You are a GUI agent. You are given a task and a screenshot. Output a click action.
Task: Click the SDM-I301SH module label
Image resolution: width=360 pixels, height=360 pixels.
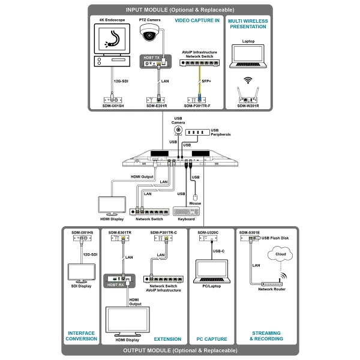click(x=112, y=106)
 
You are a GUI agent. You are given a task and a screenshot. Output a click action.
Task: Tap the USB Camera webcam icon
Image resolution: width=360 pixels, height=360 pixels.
click(x=178, y=130)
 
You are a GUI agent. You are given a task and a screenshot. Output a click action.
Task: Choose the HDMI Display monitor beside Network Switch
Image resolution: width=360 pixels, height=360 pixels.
click(x=112, y=205)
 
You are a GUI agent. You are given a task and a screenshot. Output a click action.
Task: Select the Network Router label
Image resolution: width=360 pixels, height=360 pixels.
click(x=271, y=289)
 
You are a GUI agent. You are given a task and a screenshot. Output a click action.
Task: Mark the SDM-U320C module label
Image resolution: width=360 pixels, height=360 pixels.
click(x=208, y=232)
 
